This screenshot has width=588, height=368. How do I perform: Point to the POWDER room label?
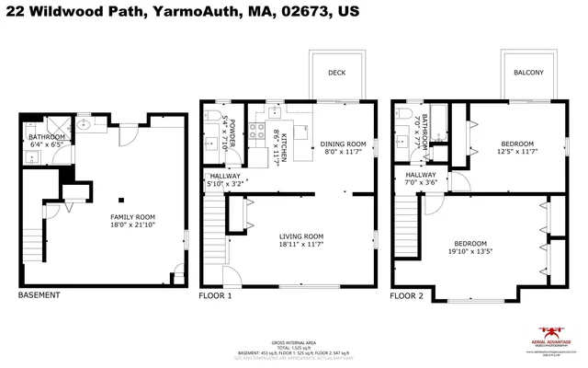(x=232, y=133)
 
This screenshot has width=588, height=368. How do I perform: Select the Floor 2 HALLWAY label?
(x=421, y=175)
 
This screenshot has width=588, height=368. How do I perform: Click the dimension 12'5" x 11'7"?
(x=517, y=153)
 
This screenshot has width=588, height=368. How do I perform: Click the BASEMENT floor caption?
(x=40, y=295)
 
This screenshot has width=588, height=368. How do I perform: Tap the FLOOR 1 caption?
(x=216, y=295)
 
